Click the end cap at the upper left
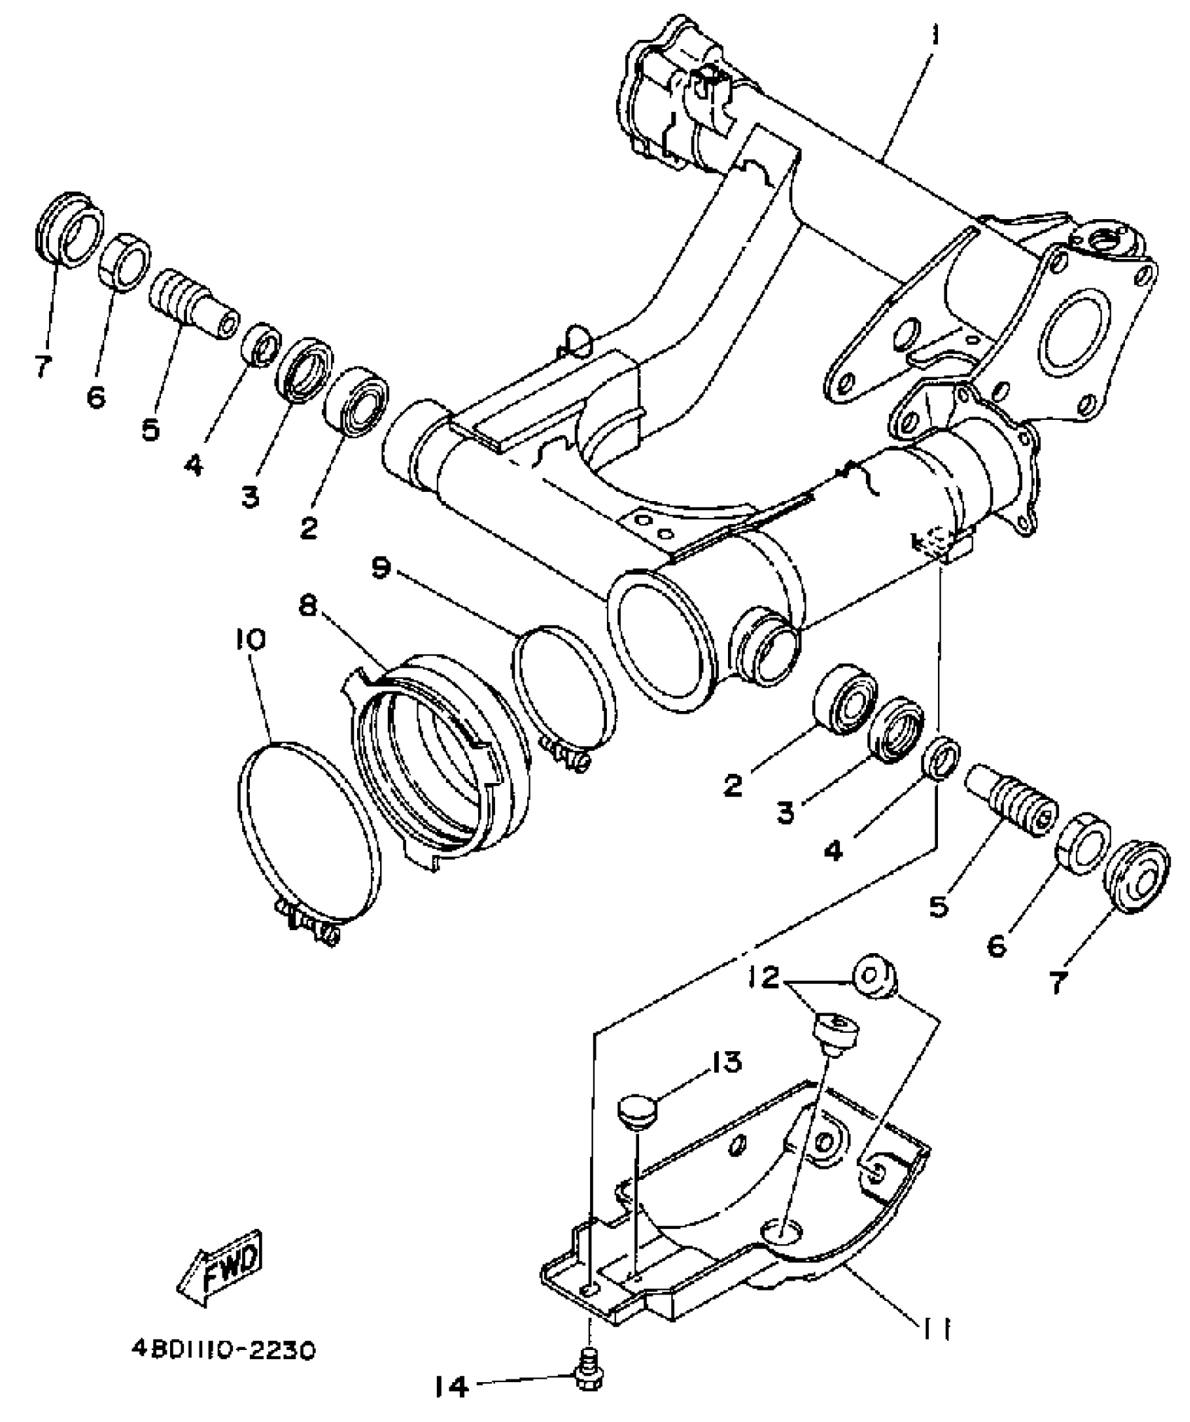[69, 228]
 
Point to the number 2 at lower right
[732, 785]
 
